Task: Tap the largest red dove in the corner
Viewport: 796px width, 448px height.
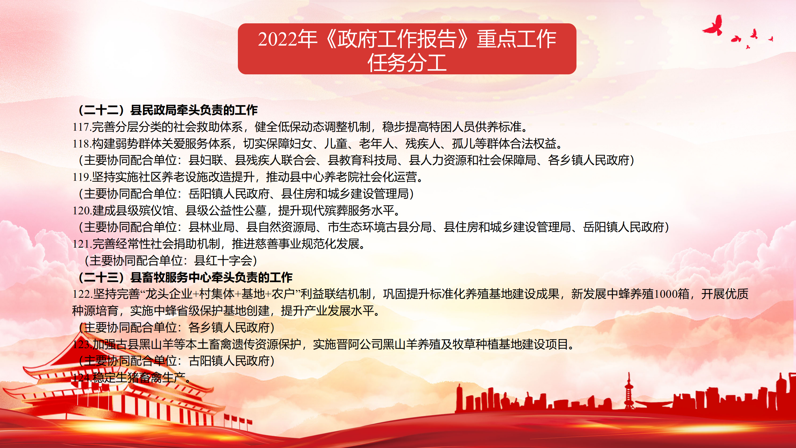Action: (713, 26)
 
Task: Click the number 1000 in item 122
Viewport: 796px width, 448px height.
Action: (666, 294)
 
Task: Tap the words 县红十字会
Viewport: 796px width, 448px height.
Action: (223, 261)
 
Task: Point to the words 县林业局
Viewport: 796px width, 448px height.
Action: (211, 227)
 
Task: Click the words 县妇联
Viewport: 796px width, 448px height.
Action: (206, 160)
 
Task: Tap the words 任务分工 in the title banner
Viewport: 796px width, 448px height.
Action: (407, 63)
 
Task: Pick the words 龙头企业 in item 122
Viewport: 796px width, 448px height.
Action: (169, 294)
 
